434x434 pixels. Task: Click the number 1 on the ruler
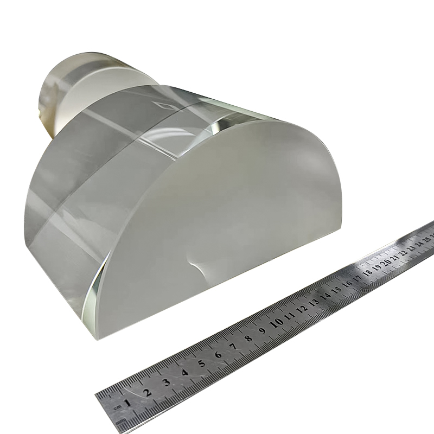pyautogui.click(x=127, y=403)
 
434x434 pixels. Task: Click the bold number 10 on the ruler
pyautogui.click(x=277, y=322)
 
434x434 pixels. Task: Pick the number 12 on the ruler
pyautogui.click(x=303, y=308)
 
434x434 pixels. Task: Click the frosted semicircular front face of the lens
pyautogui.click(x=228, y=217)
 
